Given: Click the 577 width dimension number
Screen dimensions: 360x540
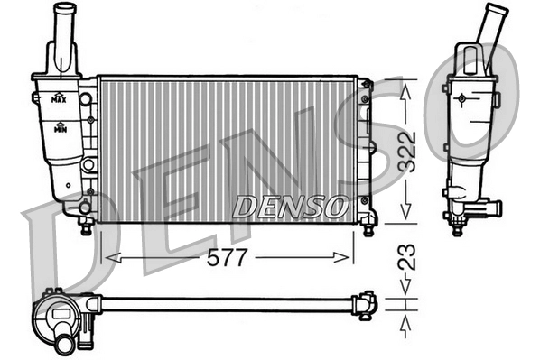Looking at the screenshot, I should coord(227,256).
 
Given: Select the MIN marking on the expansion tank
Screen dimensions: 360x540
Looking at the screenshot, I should coord(61,129).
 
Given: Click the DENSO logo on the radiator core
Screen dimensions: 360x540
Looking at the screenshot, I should coord(288,207).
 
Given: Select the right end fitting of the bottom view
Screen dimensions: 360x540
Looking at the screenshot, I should coord(367,304).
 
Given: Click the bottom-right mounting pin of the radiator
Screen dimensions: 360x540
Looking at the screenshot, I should coord(368,227).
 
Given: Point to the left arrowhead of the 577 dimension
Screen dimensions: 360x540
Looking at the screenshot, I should coord(111,257).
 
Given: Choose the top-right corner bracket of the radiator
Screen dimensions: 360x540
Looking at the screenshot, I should coord(365,85).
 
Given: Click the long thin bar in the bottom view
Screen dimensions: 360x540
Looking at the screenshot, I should coord(226,304).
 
